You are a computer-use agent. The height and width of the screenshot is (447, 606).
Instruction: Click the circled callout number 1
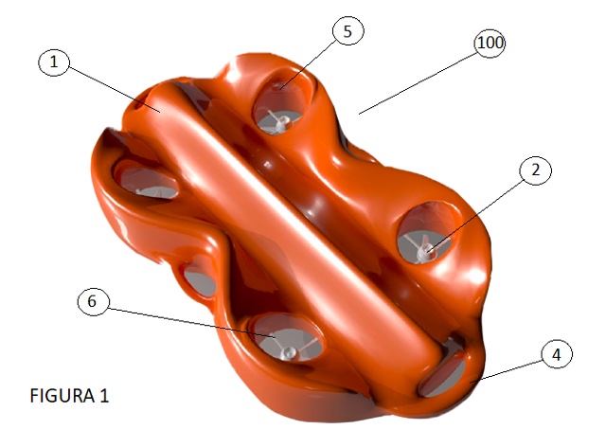click(x=54, y=62)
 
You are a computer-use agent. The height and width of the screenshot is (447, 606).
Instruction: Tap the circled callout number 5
click(x=348, y=31)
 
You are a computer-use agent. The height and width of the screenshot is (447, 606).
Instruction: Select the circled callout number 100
click(x=490, y=43)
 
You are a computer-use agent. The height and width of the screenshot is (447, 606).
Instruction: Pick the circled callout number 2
click(x=536, y=170)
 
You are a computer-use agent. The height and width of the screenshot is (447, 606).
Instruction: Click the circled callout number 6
click(x=93, y=301)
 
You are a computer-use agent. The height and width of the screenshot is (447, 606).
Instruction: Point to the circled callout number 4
click(x=557, y=354)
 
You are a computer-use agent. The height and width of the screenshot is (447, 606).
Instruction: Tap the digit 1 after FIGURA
click(x=104, y=396)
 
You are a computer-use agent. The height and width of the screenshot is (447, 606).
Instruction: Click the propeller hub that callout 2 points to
click(x=426, y=249)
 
